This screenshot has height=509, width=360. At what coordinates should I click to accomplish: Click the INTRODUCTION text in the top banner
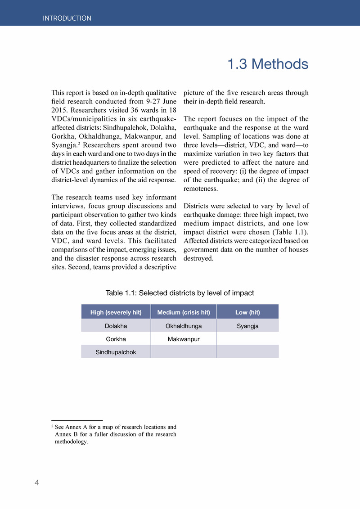[x=67, y=18]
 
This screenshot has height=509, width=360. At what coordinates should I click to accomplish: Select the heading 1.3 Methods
[x=267, y=64]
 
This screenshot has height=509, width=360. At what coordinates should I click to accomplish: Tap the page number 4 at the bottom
[x=37, y=483]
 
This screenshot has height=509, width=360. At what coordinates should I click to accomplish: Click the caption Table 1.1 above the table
[x=180, y=293]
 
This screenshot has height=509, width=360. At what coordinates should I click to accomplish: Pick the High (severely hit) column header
[x=116, y=312]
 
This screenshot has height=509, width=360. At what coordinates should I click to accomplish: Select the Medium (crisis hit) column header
[x=183, y=312]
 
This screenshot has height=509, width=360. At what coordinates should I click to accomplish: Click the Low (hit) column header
[x=247, y=312]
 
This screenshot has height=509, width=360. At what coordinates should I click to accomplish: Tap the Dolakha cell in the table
[x=116, y=326]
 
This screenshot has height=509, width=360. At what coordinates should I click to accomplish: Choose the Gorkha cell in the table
[x=116, y=339]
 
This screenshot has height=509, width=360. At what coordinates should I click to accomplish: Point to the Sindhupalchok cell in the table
[x=116, y=352]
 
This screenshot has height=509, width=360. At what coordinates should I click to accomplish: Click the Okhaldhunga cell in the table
[x=183, y=326]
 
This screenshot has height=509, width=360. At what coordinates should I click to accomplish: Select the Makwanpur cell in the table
[x=183, y=339]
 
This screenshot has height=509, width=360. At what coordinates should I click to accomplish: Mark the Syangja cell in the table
[x=247, y=326]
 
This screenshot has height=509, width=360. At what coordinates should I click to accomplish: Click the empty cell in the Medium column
[x=183, y=352]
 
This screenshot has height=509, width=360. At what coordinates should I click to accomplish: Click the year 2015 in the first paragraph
[x=59, y=110]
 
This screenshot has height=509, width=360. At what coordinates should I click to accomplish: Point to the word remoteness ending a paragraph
[x=200, y=189]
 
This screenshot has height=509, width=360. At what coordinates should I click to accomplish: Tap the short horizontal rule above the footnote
[x=77, y=420]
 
